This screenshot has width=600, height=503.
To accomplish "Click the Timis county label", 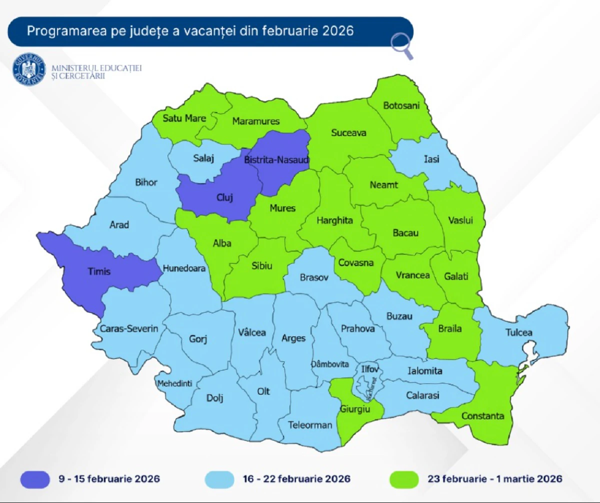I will [100, 271].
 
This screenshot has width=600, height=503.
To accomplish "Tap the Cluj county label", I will [225, 197].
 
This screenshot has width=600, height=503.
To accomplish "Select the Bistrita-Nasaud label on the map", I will [277, 160].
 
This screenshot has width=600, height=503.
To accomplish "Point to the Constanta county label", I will [482, 416].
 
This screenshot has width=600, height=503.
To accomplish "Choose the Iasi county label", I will [431, 159].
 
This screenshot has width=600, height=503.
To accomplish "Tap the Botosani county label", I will [401, 106].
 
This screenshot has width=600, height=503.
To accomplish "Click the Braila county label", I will [450, 329].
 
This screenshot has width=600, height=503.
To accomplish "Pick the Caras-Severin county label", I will [129, 329].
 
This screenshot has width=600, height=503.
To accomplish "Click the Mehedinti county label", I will [174, 384].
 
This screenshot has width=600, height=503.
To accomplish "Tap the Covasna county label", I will [356, 262].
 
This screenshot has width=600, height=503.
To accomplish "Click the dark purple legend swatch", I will [35, 479].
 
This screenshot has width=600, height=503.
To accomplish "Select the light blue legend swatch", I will [219, 479].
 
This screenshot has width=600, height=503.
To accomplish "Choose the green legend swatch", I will [404, 479].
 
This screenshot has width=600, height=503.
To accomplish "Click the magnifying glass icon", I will [402, 46].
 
